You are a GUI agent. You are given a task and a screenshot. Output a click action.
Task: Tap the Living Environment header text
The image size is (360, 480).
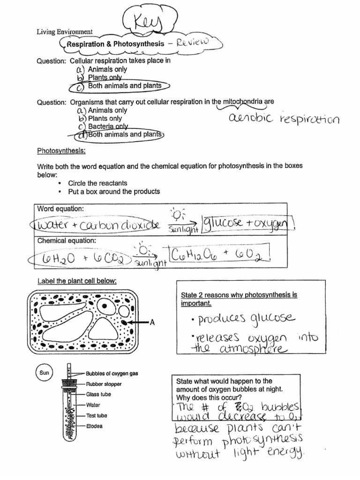[x=65, y=32]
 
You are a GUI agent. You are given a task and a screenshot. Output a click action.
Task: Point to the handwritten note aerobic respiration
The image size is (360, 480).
[x=284, y=119]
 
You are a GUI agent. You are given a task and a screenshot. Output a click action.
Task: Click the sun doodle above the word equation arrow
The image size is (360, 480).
[x=179, y=215]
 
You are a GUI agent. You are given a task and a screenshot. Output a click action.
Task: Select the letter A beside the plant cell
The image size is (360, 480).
[x=152, y=322]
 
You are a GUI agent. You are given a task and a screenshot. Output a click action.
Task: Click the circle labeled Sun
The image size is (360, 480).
[x=45, y=373]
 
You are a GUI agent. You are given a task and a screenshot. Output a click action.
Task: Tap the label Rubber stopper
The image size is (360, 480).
[x=104, y=384]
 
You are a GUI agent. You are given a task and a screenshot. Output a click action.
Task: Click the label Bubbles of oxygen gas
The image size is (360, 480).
[x=112, y=374]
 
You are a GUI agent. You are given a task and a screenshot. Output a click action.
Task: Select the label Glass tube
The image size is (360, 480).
[x=98, y=394]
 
